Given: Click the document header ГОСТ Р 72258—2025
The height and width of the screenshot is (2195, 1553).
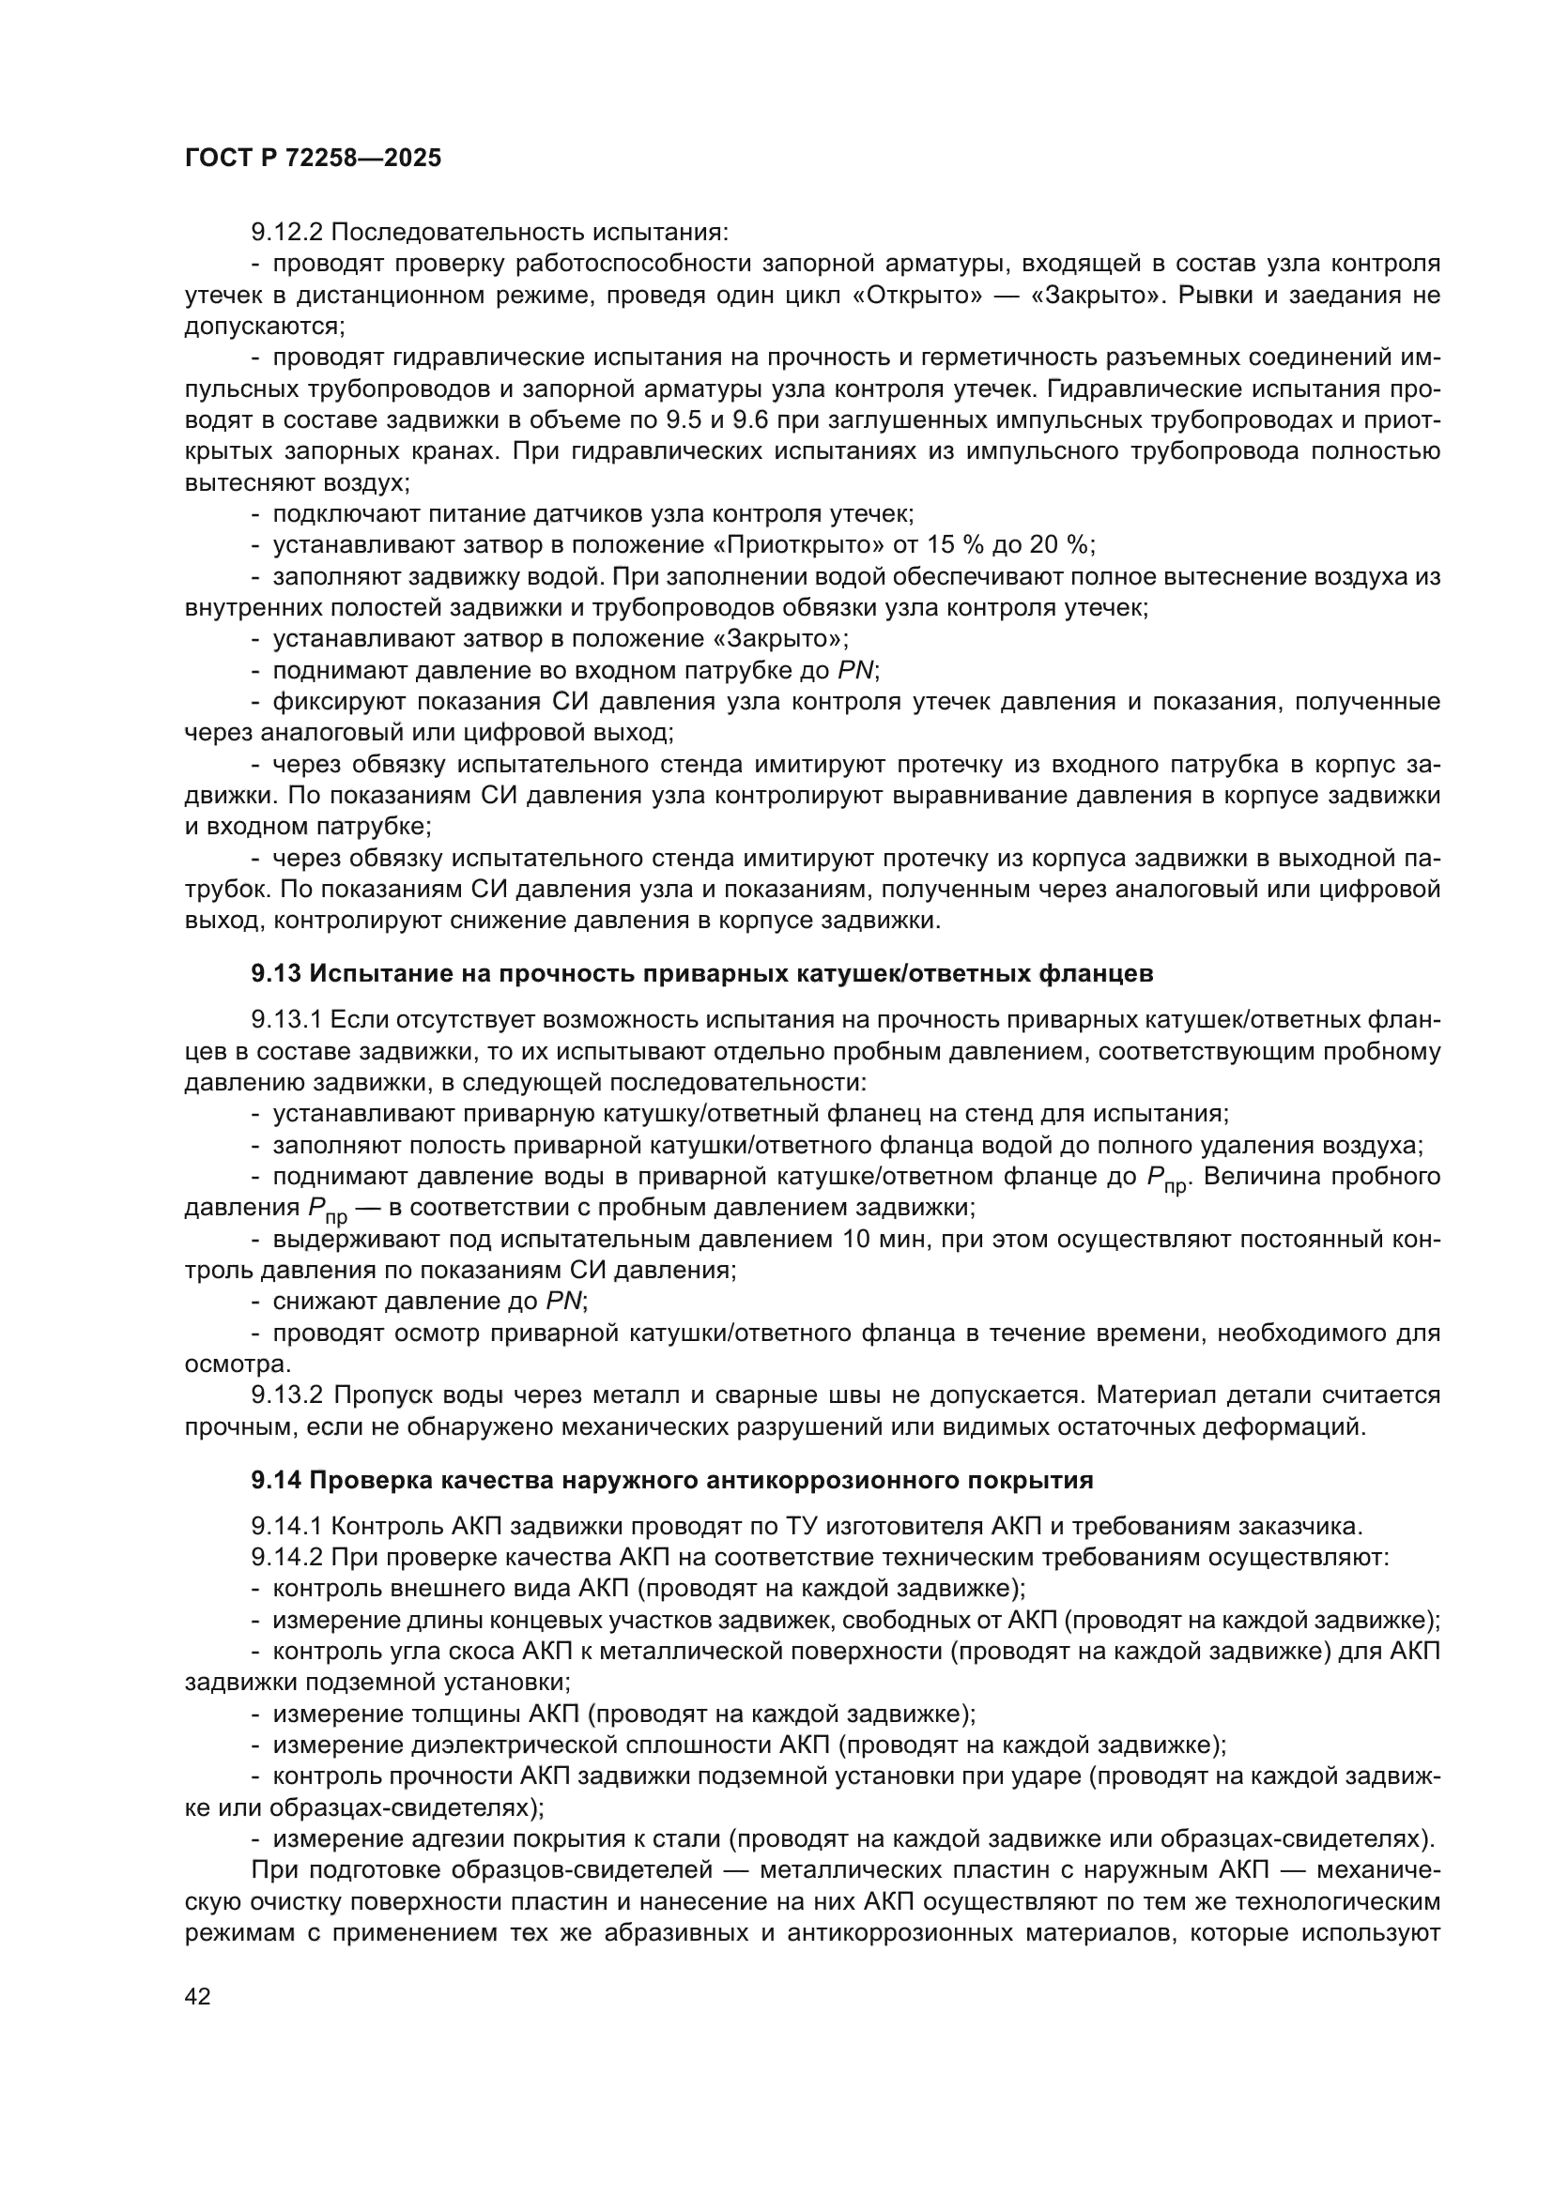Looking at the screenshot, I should pos(313,159).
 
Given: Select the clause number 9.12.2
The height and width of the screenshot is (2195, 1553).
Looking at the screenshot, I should pos(287,233).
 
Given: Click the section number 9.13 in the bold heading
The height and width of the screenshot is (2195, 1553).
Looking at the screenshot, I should pos(276,974).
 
